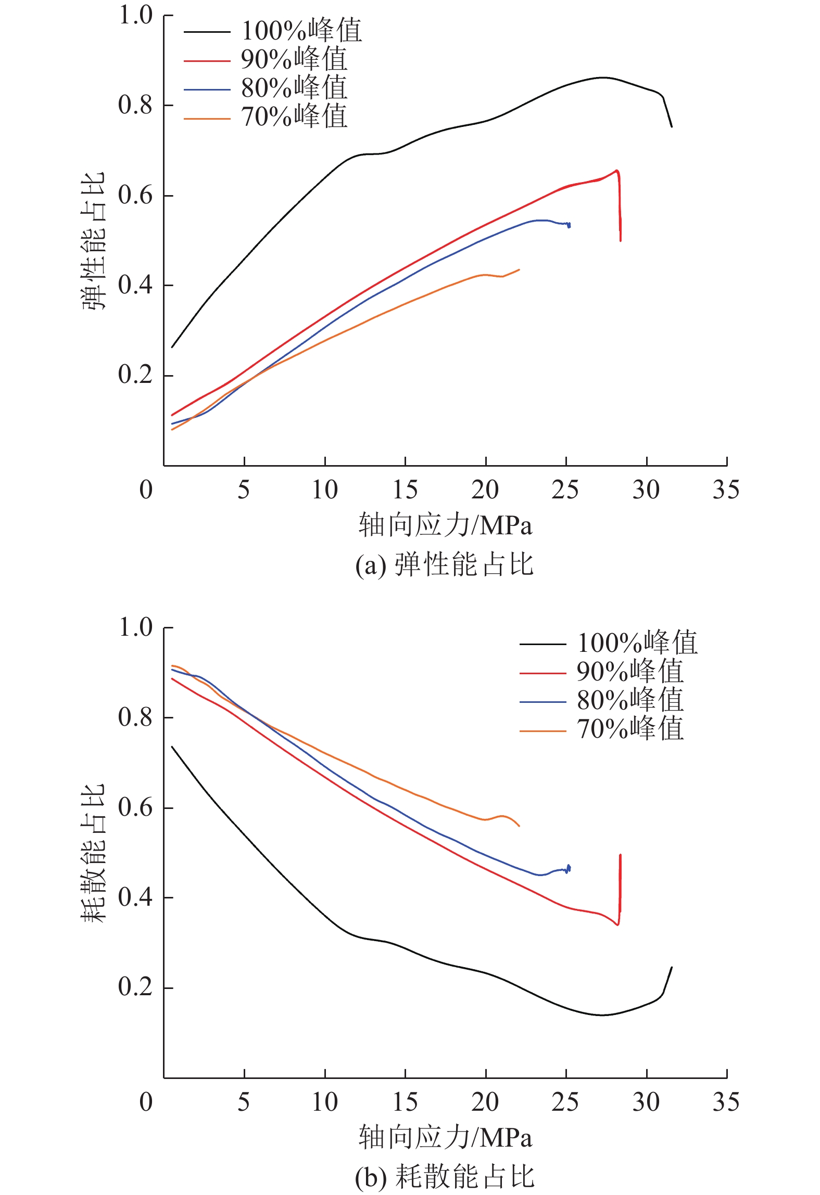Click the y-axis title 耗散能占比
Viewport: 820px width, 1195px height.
click(94, 853)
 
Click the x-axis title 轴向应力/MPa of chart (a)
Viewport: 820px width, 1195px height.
click(445, 525)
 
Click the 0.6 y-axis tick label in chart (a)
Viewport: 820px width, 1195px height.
click(135, 195)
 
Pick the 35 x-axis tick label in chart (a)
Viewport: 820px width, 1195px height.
click(726, 490)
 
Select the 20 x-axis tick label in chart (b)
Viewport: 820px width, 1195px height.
click(485, 1102)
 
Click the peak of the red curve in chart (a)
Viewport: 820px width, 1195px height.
click(617, 170)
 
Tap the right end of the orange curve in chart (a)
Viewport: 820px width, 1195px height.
click(519, 269)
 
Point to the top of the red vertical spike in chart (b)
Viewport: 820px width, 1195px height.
click(621, 855)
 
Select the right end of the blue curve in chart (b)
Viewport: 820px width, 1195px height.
click(570, 868)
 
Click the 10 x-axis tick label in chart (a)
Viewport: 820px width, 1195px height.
click(324, 490)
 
